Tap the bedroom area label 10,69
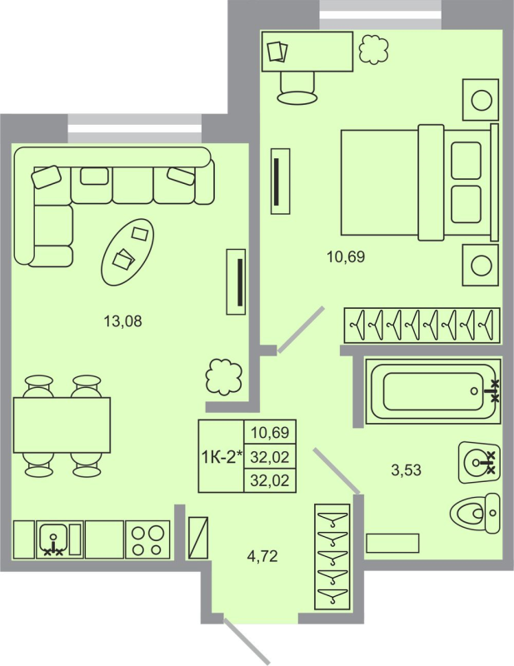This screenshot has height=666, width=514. click(x=346, y=257)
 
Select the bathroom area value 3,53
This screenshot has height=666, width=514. click(x=407, y=470)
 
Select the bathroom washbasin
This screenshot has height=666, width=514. click(x=478, y=460)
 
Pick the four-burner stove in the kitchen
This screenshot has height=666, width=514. click(x=147, y=539)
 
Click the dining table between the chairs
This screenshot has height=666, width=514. click(x=62, y=424)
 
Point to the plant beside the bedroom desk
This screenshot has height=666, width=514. click(x=373, y=52)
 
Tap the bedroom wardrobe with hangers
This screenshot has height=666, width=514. click(x=422, y=325)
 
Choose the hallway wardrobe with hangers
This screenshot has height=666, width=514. click(x=332, y=557)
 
